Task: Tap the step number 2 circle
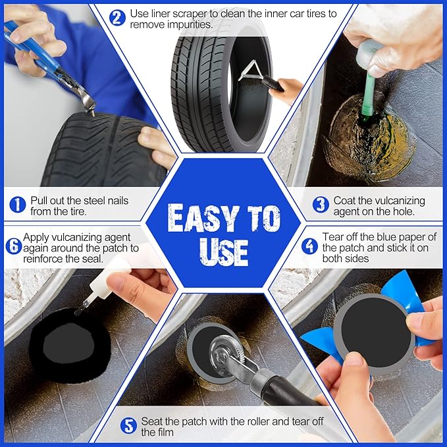[117, 18]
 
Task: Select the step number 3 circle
[321, 204]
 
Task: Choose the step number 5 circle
[128, 426]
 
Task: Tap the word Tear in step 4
[334, 236]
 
